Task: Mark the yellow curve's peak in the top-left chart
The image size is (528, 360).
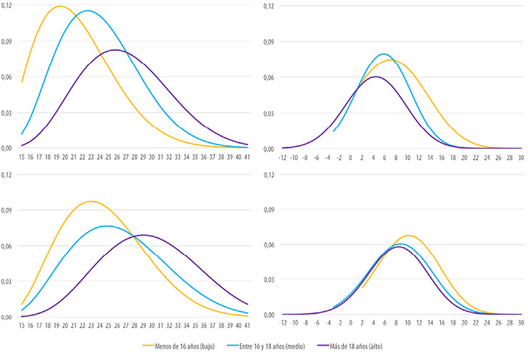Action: pyautogui.click(x=59, y=6)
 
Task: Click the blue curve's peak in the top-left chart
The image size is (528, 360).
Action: pyautogui.click(x=87, y=11)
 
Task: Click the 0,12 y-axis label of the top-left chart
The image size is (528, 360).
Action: pyautogui.click(x=7, y=6)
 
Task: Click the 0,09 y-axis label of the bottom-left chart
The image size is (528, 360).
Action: pyautogui.click(x=7, y=210)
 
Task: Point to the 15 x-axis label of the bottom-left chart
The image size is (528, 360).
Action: pyautogui.click(x=22, y=323)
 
